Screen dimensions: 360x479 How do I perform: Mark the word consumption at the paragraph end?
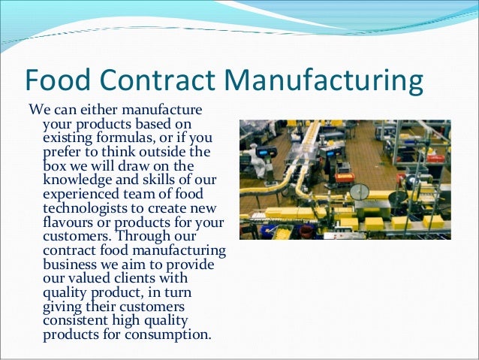pos(170,333)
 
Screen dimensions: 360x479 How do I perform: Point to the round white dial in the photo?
pos(360,192)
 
